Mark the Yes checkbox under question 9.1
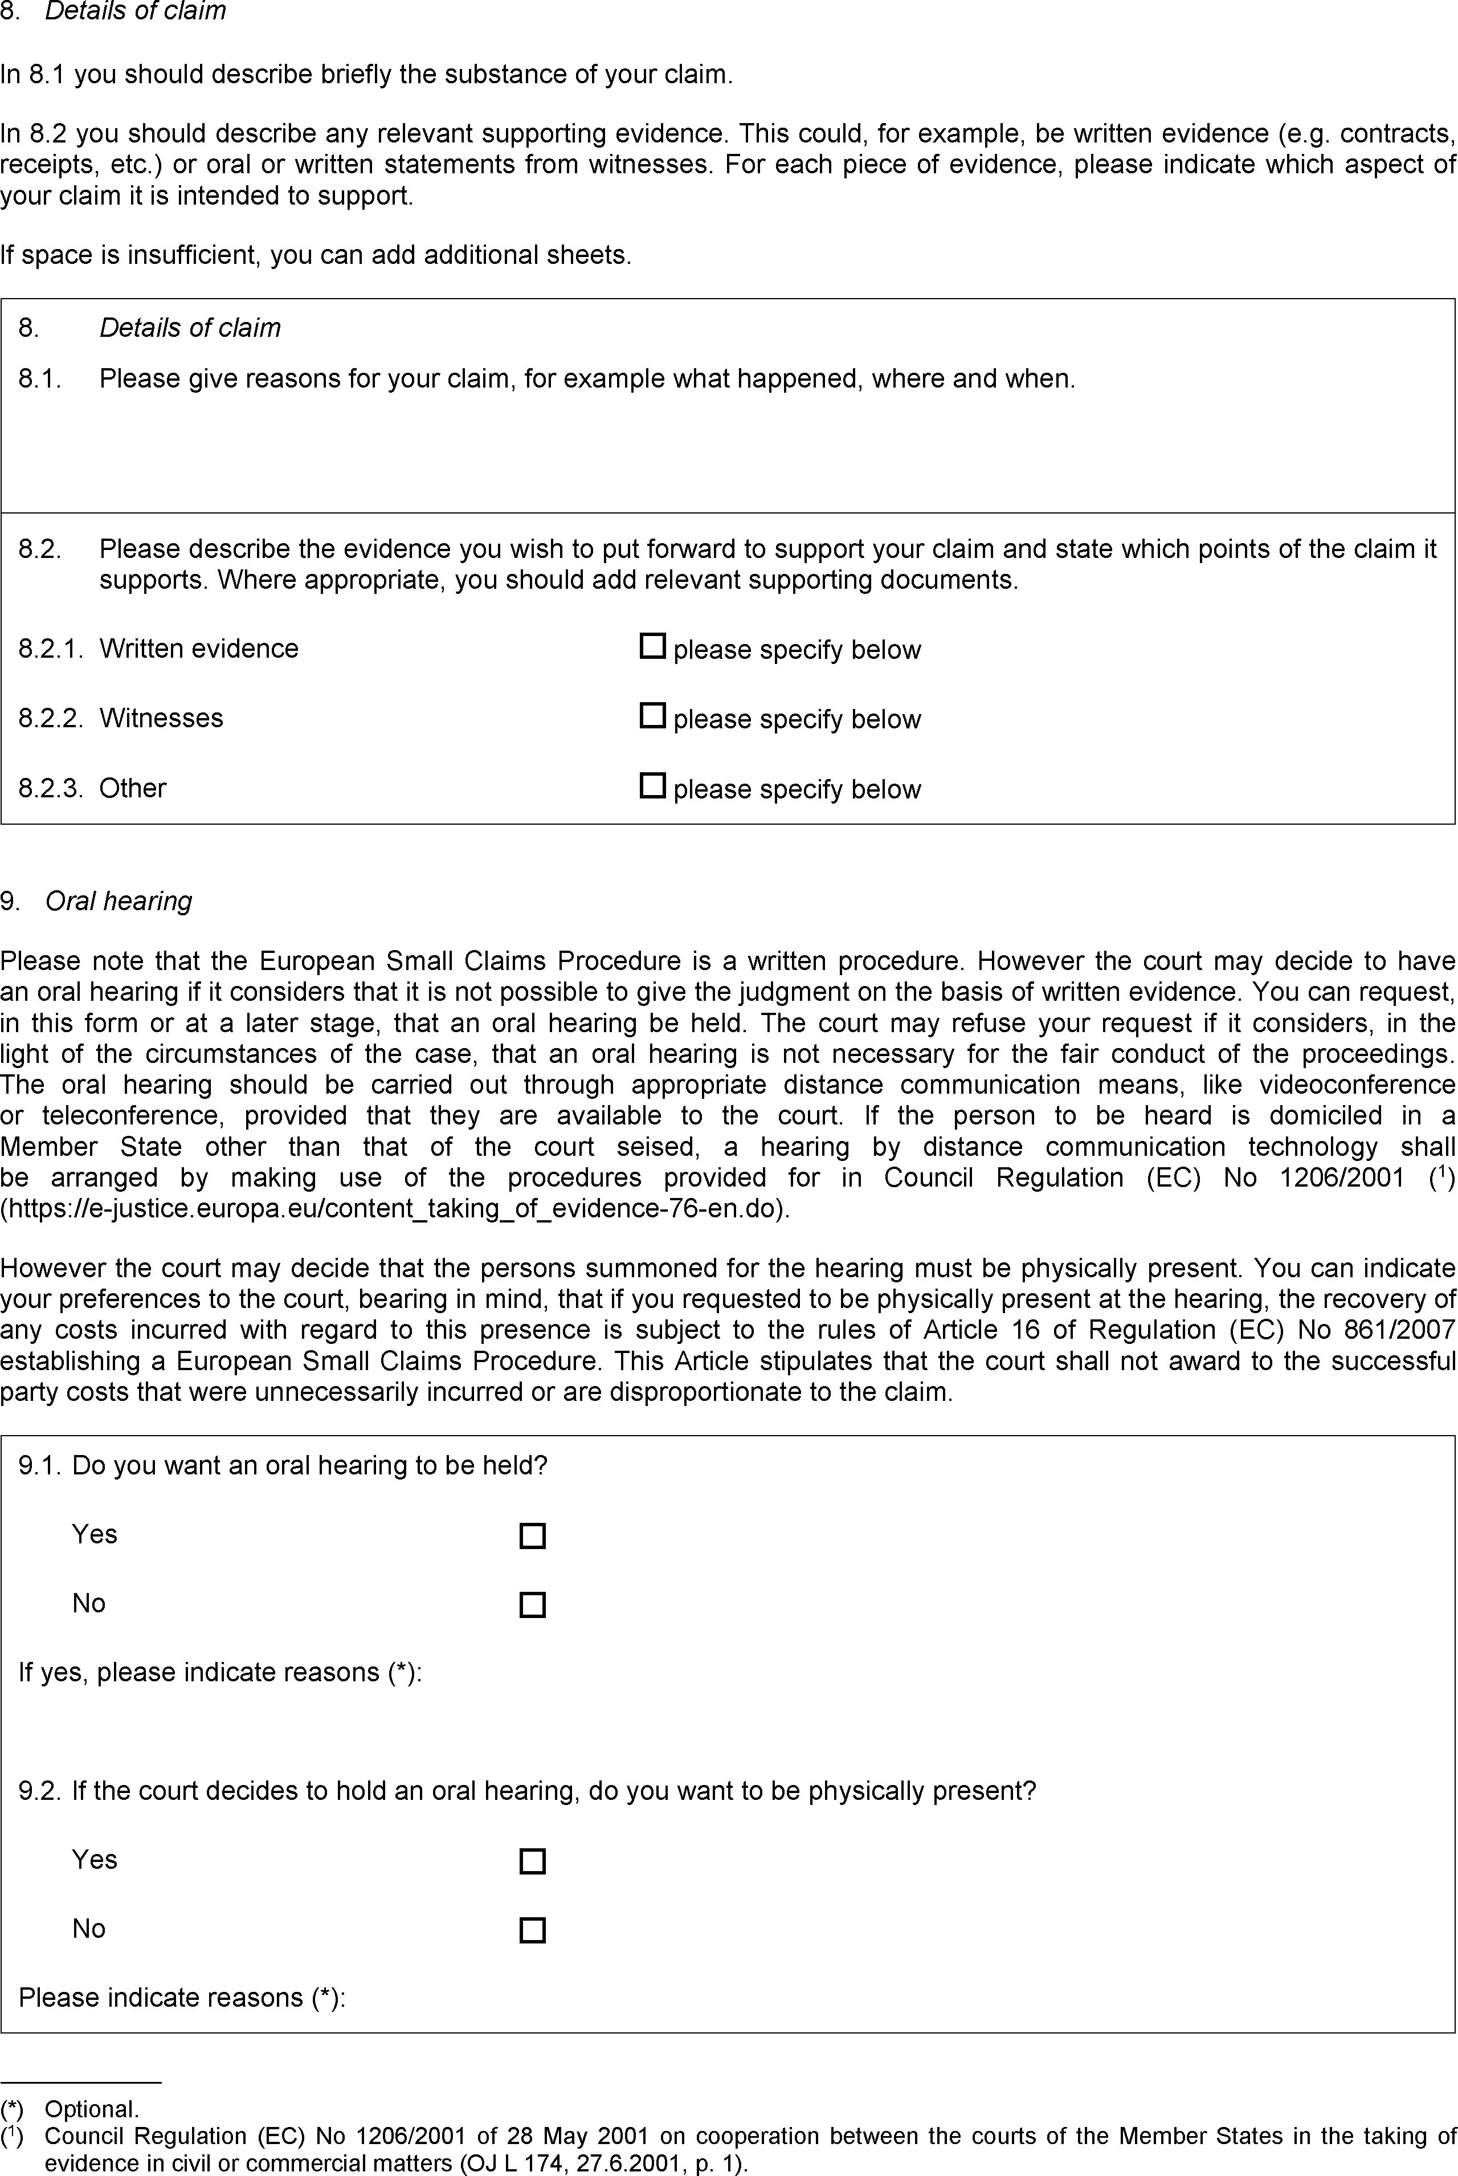coord(532,1535)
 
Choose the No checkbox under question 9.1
coord(532,1605)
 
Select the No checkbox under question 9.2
coord(532,1930)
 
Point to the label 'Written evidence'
coord(199,648)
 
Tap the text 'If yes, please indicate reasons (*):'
coord(220,1672)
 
